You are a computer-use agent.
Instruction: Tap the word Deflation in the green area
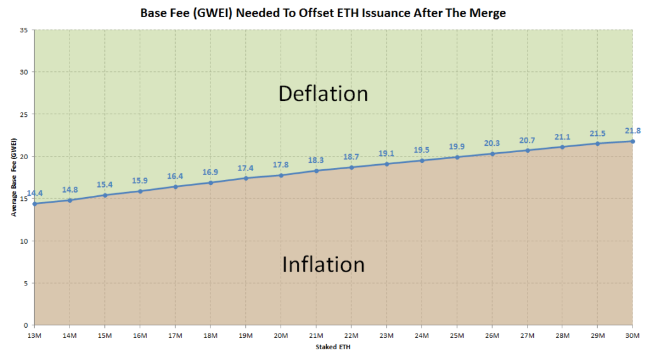pos(323,93)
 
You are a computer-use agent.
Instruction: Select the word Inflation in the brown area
pos(323,263)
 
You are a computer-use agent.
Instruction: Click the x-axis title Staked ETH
pos(332,347)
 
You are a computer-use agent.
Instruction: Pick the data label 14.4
pos(35,193)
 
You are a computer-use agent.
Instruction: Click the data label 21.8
pos(632,130)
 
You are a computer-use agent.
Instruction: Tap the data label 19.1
pos(386,153)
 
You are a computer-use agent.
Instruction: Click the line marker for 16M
pos(140,191)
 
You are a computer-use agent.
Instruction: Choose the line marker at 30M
pos(632,141)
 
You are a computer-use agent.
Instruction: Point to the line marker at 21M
pos(316,171)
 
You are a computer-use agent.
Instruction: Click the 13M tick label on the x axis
pos(35,335)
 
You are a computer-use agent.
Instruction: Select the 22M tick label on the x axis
pos(351,335)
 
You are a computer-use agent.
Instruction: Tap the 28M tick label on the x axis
pos(562,335)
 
